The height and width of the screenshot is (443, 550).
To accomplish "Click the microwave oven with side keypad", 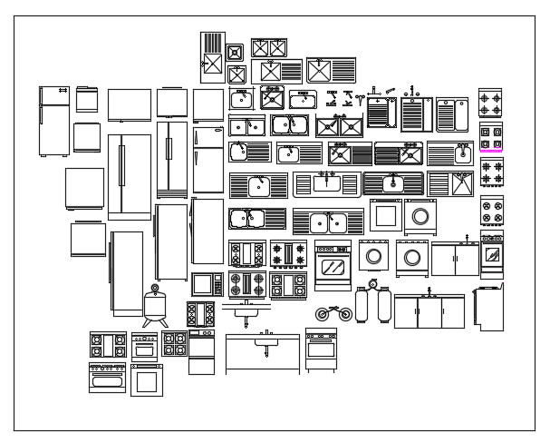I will (x=207, y=284).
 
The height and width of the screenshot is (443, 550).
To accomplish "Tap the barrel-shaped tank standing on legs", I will (x=156, y=306).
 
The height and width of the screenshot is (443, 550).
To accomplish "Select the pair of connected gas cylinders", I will (x=374, y=305).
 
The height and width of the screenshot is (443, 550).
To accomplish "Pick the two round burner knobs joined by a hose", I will (x=333, y=314).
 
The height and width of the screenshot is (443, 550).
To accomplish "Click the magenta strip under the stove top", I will (x=492, y=145).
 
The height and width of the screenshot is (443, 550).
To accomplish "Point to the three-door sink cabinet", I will (x=429, y=311).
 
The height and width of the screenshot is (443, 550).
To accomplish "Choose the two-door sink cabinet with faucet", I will (x=455, y=259).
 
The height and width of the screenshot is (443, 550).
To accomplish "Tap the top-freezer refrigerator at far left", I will (x=54, y=122).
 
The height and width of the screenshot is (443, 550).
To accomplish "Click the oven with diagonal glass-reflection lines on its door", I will (x=333, y=265).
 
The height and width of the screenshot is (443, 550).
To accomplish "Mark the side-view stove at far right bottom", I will (x=491, y=309).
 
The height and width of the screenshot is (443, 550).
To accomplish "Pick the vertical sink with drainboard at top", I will (x=211, y=56).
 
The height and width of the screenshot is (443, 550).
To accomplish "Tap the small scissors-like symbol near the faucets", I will (x=332, y=94).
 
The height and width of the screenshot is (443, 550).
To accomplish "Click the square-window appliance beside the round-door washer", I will (x=384, y=216).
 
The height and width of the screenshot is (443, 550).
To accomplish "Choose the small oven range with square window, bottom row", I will (x=146, y=379).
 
